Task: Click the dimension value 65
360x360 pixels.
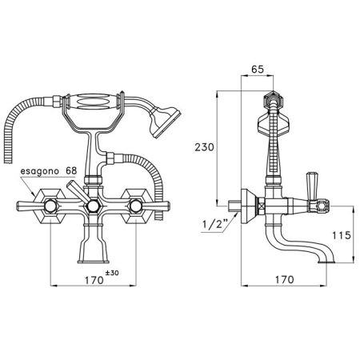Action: [x=258, y=69]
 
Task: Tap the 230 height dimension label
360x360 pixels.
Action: [x=204, y=147]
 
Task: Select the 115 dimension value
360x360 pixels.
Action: [x=342, y=235]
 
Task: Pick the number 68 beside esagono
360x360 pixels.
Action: [x=70, y=170]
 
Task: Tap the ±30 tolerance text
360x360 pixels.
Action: [x=112, y=273]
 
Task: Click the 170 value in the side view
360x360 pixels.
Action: [x=284, y=279]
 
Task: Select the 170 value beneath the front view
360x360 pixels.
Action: [x=94, y=280]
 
